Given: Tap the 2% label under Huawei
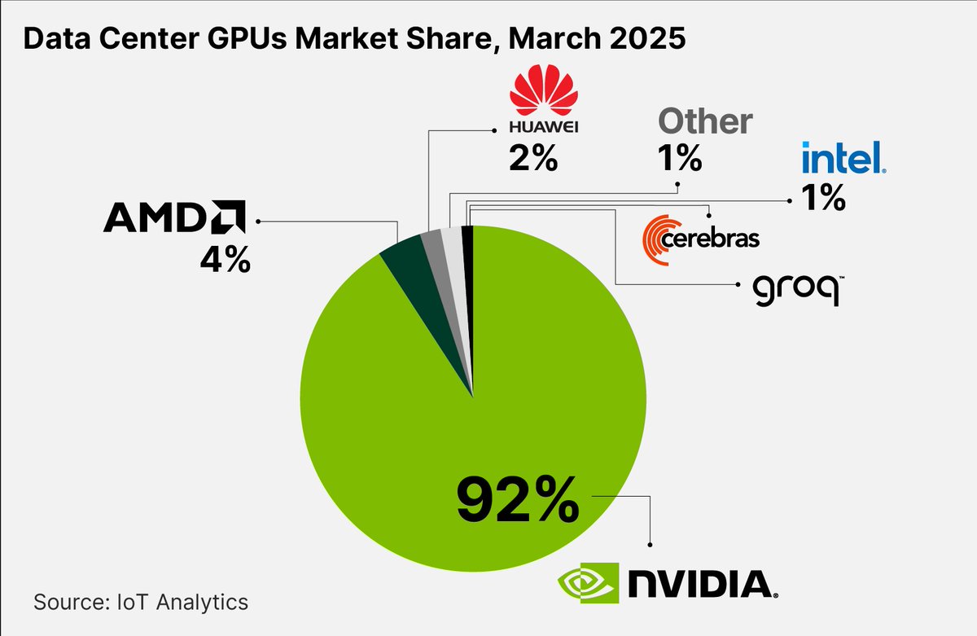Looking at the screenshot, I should tap(532, 157).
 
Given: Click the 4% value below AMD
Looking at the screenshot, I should tap(225, 261).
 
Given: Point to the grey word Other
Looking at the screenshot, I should tap(704, 122).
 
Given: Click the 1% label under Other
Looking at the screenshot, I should tap(679, 158).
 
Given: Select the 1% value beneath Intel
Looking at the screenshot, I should tap(821, 198).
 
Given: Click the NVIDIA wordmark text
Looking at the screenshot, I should tap(699, 583).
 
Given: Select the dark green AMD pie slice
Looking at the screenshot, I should tap(405, 261).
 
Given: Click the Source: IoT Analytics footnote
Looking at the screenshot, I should tap(140, 603).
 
